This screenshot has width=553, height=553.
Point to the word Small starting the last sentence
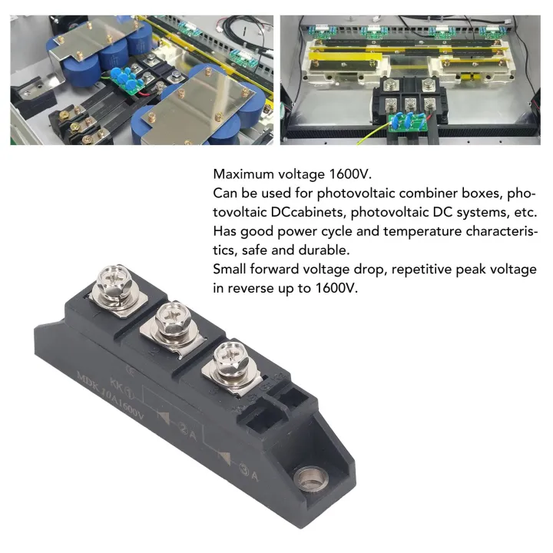point(230,270)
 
